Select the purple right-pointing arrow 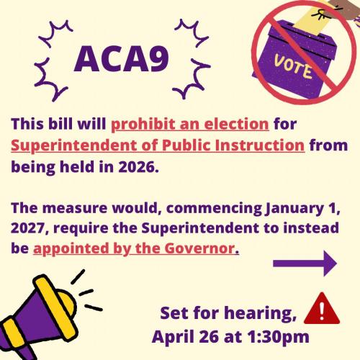click(305, 265)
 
